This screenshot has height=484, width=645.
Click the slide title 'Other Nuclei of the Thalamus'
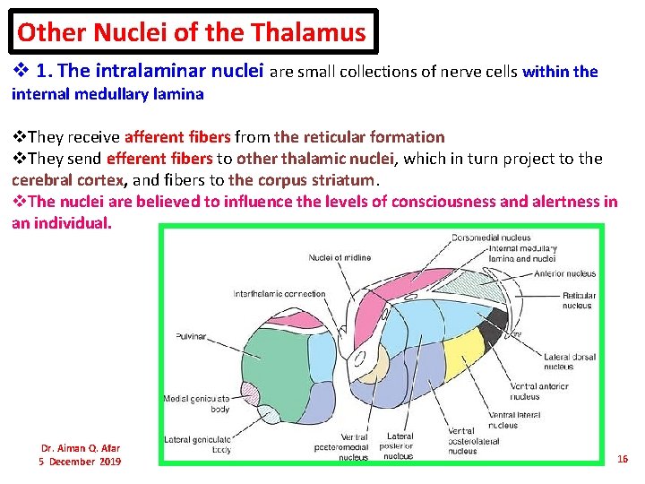click(x=192, y=33)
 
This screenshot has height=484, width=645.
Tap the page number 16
click(x=623, y=459)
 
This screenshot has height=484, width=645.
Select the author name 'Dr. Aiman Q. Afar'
click(x=80, y=448)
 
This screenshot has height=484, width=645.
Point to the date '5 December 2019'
click(x=80, y=462)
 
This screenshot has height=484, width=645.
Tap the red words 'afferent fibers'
click(x=177, y=137)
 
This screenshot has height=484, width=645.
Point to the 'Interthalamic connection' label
click(x=279, y=294)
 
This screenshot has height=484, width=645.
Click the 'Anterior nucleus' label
click(x=564, y=274)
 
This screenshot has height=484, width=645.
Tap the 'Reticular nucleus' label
click(x=577, y=300)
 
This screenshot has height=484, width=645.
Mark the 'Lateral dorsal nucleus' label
click(x=569, y=361)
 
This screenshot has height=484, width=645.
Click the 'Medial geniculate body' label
click(x=195, y=403)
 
